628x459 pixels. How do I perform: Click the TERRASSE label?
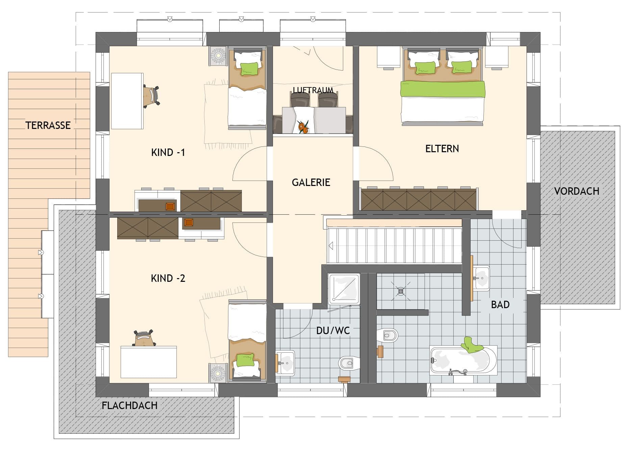(x=48, y=125)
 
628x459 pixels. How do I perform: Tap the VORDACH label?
(x=577, y=191)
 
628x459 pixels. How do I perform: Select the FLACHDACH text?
(x=130, y=405)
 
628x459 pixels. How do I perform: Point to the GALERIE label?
(x=311, y=182)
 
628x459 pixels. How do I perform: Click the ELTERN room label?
(x=442, y=148)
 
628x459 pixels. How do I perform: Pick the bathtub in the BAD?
(x=463, y=360)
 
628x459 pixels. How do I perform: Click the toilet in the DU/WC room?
(x=349, y=363)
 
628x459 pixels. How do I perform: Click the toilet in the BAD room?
(x=387, y=335)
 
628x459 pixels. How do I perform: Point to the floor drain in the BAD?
(x=401, y=291)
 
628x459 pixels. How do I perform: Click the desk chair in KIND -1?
(x=151, y=96)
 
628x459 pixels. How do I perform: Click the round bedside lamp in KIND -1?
(x=218, y=55)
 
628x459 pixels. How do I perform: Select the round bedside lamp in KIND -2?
(x=218, y=373)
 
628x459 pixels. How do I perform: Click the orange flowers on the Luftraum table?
(x=303, y=127)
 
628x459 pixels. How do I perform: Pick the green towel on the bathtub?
(x=472, y=345)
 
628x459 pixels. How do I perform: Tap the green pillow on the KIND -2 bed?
(x=245, y=360)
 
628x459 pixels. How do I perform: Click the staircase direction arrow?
(x=331, y=246)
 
